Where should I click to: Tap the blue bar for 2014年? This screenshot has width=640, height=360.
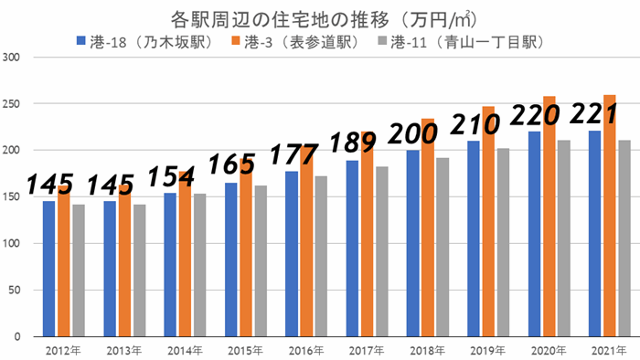tap(170, 265)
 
